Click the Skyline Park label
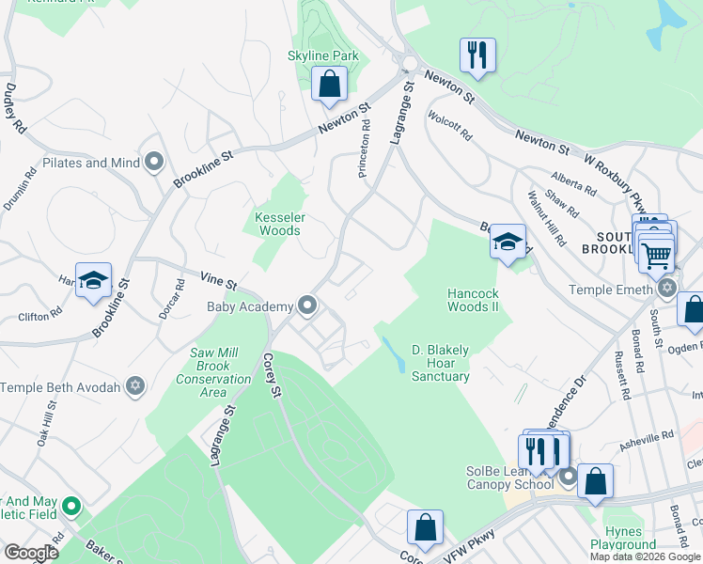322,56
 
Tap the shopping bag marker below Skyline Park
330,85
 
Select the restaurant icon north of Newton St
477,55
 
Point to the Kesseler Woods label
280,223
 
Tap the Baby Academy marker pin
307,305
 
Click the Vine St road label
218,279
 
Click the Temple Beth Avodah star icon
135,386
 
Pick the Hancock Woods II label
472,300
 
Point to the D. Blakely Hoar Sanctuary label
440,363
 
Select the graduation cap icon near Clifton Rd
93,280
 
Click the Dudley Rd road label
15,106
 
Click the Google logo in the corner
31,553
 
